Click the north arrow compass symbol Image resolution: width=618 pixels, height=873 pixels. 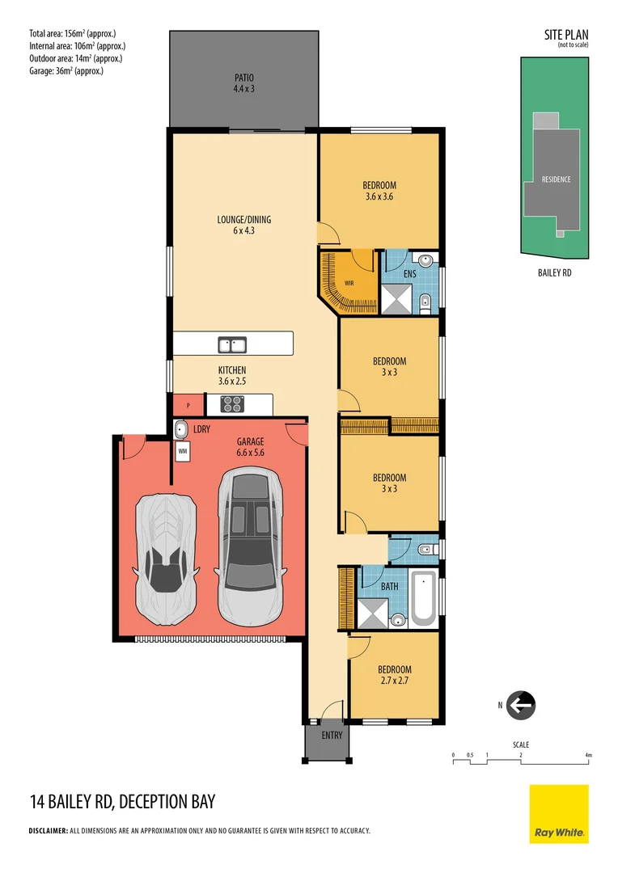(x=521, y=706)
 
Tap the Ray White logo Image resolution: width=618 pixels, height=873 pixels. (x=559, y=813)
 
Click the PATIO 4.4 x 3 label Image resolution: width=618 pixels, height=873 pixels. (x=244, y=83)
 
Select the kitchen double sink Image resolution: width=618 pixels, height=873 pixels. (x=232, y=345)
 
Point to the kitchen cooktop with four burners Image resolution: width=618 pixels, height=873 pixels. (x=232, y=403)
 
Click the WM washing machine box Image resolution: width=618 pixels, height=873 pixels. (x=183, y=451)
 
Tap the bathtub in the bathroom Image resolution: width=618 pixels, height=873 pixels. (x=424, y=598)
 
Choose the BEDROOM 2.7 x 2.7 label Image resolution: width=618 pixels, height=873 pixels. (x=395, y=675)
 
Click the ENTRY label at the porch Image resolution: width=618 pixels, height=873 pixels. (x=332, y=736)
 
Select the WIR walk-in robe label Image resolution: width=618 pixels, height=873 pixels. (x=349, y=284)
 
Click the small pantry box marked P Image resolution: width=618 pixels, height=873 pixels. (x=188, y=405)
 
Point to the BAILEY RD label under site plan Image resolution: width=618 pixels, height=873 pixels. (x=554, y=273)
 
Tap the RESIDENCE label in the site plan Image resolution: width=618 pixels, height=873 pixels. (x=557, y=179)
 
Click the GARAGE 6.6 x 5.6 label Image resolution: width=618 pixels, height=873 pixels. (x=250, y=447)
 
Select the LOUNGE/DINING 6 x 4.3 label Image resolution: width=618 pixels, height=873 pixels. (x=244, y=225)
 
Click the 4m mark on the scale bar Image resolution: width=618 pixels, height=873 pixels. (x=588, y=756)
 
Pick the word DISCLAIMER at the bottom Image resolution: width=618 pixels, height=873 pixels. (x=48, y=831)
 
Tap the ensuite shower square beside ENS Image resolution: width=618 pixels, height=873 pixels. (x=397, y=299)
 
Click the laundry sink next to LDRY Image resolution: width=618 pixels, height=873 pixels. (x=181, y=430)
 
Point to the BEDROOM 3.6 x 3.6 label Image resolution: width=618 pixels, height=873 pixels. (x=379, y=191)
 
